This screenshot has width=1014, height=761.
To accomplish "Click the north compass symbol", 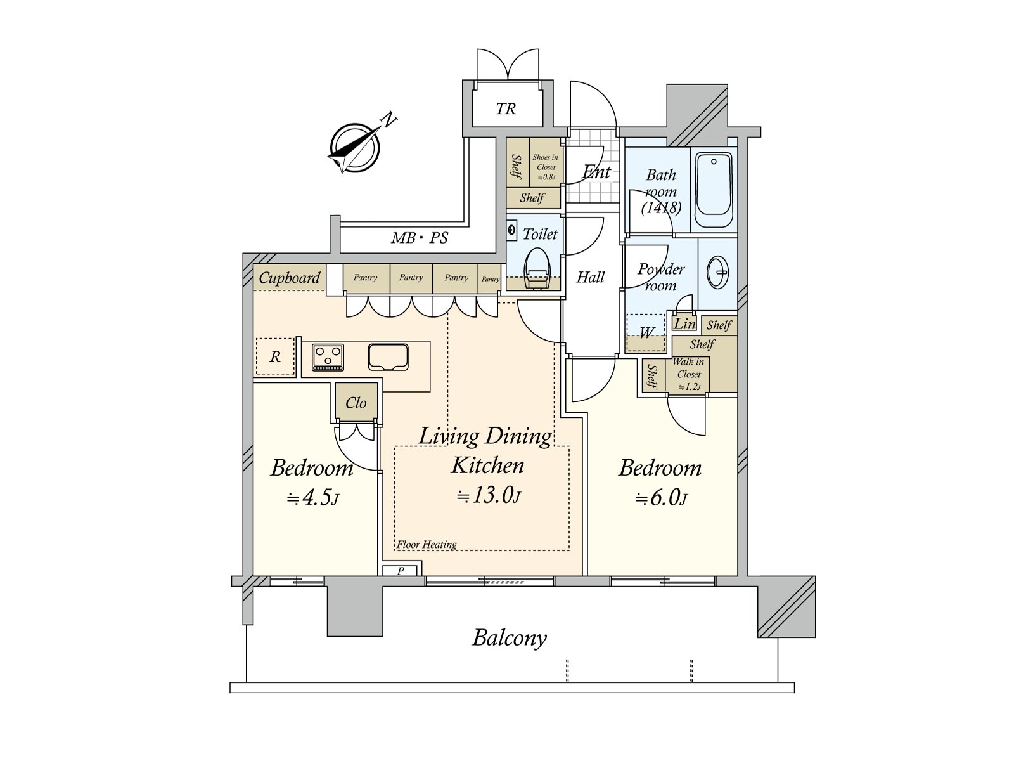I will click(x=355, y=146).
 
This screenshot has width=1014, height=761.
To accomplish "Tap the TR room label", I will click(x=506, y=109).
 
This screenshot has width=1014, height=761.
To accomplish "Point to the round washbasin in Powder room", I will click(x=719, y=273).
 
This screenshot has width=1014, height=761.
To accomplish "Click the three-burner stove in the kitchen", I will click(x=328, y=357).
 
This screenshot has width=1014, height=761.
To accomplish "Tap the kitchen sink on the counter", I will click(x=387, y=356).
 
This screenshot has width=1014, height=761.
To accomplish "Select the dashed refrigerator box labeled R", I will click(x=275, y=357).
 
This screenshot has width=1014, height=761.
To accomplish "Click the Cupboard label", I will click(x=290, y=278).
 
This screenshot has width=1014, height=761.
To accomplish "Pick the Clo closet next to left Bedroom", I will click(x=356, y=403).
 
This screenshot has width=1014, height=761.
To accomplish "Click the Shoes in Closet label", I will click(x=546, y=167).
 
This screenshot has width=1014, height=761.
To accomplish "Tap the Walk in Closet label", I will click(x=688, y=374).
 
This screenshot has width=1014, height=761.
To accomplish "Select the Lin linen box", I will click(x=684, y=324).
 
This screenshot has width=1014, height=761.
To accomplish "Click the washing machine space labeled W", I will click(x=646, y=332).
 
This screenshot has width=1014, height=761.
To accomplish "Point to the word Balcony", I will click(x=509, y=638).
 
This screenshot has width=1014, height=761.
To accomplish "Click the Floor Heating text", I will click(x=427, y=544).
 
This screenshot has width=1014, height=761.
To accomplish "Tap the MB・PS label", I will click(x=419, y=238).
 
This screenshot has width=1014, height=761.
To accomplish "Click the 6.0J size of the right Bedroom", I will click(x=661, y=498).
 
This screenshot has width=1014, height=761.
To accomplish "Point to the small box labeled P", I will click(x=401, y=571).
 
